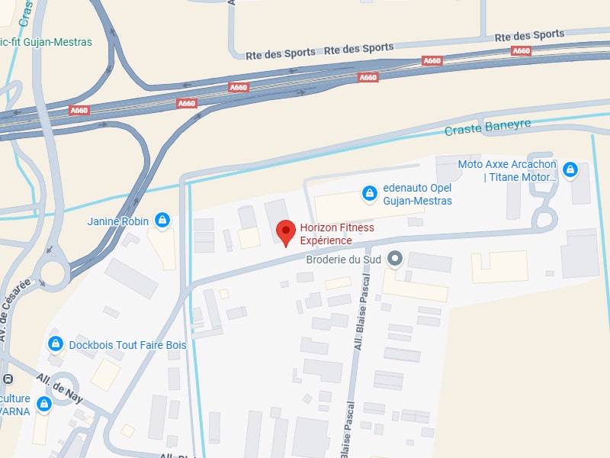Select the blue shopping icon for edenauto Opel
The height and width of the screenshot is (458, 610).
(369, 194)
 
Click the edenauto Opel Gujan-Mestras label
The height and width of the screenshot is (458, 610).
(417, 195)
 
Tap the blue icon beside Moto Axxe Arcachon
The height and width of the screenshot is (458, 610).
(569, 169)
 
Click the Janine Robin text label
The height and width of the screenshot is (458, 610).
(119, 221)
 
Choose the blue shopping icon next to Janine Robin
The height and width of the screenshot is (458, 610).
(162, 221)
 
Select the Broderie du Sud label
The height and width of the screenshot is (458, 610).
(343, 260)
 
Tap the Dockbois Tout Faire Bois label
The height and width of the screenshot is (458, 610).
(127, 345)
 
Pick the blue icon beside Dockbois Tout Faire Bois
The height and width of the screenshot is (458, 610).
(55, 344)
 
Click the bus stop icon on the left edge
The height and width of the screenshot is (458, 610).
(7, 379)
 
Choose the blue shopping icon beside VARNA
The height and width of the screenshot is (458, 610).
(44, 404)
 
